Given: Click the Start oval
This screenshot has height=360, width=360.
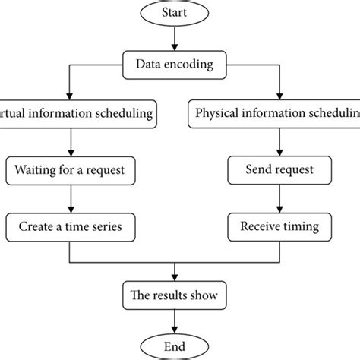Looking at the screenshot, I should tap(176, 13).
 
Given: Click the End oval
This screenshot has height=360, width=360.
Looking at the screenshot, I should tap(176, 345).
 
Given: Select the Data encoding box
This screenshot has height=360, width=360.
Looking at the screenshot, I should tap(176, 64).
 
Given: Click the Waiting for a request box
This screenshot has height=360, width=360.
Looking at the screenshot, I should tap(70, 169).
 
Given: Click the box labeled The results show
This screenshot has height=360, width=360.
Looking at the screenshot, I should tap(176, 293).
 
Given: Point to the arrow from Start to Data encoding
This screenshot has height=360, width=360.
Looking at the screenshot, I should tap(176, 38).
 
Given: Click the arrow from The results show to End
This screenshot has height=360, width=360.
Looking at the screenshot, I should tap(176, 319).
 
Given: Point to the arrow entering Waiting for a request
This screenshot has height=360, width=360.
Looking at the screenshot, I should tap(70, 142).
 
